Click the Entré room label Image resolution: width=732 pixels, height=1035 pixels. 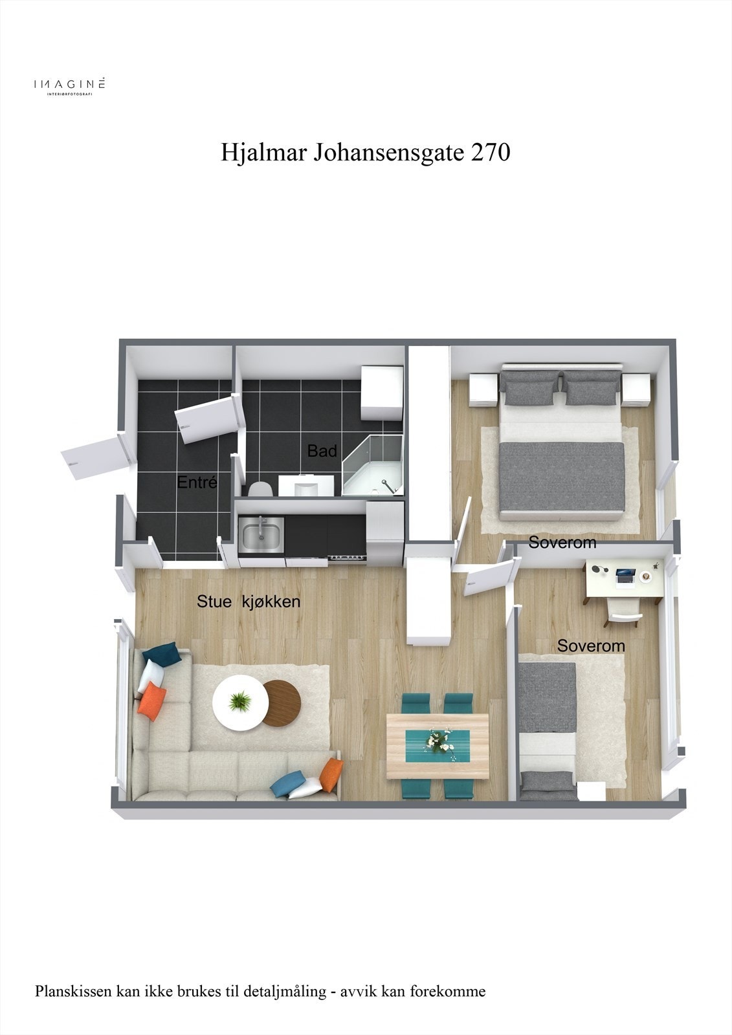(x=197, y=482)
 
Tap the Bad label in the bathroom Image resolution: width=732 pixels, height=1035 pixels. (x=322, y=450)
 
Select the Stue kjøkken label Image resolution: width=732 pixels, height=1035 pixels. (x=249, y=602)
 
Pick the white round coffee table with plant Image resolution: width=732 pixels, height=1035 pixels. (x=239, y=702)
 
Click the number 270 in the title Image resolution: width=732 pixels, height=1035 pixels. (x=491, y=153)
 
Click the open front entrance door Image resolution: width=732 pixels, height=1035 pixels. (x=94, y=455)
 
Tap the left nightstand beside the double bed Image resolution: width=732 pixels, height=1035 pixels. (x=482, y=390)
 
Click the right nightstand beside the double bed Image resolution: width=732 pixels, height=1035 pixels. (x=636, y=389)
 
